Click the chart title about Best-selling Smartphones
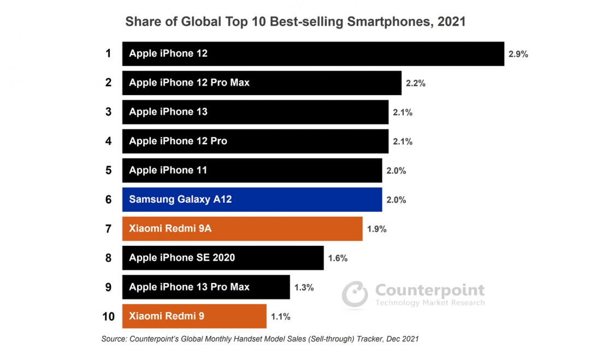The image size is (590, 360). click(295, 22)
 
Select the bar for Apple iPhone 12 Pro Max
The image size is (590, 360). click(262, 83)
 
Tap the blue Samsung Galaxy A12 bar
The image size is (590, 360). click(252, 199)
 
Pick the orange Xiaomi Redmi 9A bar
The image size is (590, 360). click(242, 229)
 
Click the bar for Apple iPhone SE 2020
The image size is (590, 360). click(223, 258)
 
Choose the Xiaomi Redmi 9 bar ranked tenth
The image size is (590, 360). click(194, 316)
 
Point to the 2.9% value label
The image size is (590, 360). click(518, 54)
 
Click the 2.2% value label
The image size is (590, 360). click(415, 84)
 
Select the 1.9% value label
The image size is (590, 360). click(376, 229)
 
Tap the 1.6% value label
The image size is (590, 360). click(338, 258)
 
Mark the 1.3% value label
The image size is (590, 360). click(304, 287)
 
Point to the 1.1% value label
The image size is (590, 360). click(280, 317)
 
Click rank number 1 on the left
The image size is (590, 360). click(108, 54)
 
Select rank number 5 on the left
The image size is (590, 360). click(108, 170)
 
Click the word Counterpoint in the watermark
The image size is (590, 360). click(429, 290)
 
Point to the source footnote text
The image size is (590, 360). click(260, 339)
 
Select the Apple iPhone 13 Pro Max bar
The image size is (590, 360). click(206, 287)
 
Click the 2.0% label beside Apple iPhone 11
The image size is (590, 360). click(396, 171)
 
